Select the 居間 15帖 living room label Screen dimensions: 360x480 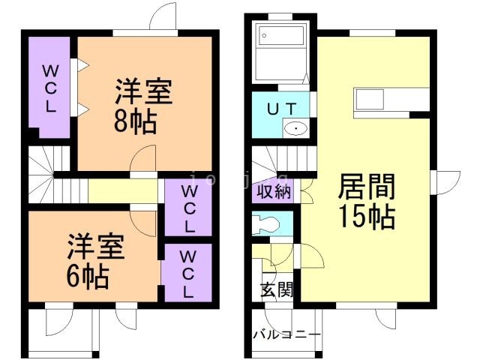367,201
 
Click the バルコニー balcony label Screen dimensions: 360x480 286,334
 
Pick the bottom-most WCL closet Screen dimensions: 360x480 188,273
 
